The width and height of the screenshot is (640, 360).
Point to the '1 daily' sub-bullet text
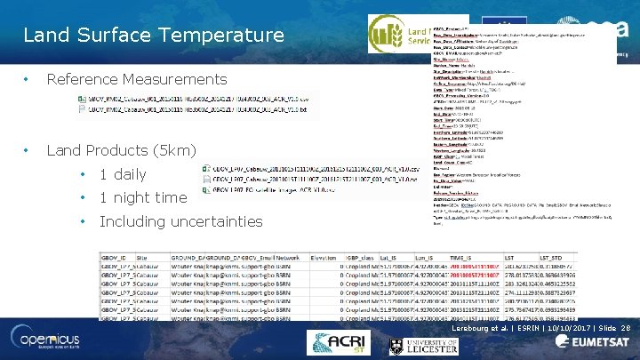click(123, 174)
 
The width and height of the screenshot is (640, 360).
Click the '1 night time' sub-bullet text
click(143, 197)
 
